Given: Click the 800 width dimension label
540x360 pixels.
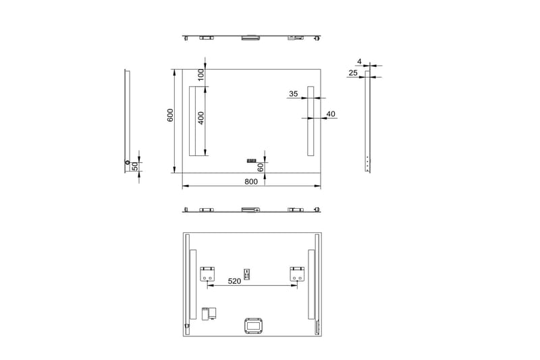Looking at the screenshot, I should coord(251,182).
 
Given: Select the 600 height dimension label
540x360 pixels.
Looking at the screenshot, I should coord(171,115).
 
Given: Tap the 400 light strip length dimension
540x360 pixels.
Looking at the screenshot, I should coord(201,119).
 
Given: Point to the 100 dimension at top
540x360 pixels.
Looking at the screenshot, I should coord(201,74).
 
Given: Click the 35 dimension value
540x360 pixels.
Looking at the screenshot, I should coord(293,95).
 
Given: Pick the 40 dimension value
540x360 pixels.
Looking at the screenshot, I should coord(331,114).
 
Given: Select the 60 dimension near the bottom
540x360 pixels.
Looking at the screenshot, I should coord(261,166).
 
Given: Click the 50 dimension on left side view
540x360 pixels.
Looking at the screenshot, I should coord(134,165).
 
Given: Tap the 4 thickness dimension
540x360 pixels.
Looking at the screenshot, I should coord(360,61).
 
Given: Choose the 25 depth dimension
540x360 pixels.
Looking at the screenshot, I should coord(353,72).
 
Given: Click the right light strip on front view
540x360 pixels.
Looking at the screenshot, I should coord(310,122).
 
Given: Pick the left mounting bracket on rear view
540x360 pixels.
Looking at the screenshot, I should coord(207,274).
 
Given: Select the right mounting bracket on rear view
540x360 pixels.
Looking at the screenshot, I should coord(297,274).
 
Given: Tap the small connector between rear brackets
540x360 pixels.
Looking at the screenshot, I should coord(248,274).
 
